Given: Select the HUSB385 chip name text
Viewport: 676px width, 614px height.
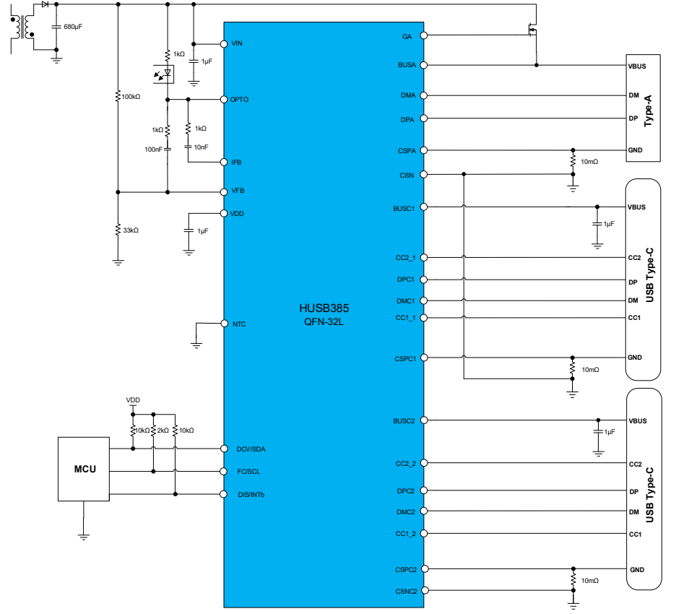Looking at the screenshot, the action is pyautogui.click(x=324, y=308).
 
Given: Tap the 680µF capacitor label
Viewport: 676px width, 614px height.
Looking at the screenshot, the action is pyautogui.click(x=73, y=27).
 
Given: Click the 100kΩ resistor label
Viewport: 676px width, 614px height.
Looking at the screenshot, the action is pyautogui.click(x=131, y=97).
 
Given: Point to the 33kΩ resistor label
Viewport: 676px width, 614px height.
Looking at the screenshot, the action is pyautogui.click(x=131, y=230).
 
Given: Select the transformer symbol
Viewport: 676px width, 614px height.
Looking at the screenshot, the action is pyautogui.click(x=22, y=28).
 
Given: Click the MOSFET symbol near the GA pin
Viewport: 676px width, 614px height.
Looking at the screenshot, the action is pyautogui.click(x=532, y=30).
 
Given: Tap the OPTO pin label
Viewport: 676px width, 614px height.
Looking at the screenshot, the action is pyautogui.click(x=239, y=100).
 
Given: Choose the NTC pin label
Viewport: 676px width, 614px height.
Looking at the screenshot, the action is pyautogui.click(x=239, y=324).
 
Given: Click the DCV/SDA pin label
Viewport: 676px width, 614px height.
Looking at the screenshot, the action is pyautogui.click(x=251, y=449).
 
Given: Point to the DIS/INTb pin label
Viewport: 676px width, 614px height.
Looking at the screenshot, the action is pyautogui.click(x=251, y=495).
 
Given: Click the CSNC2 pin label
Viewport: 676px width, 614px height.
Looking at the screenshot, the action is pyautogui.click(x=406, y=592).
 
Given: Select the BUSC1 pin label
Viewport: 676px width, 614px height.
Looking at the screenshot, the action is pyautogui.click(x=404, y=209).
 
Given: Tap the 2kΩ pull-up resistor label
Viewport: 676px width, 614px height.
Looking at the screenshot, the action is pyautogui.click(x=162, y=431).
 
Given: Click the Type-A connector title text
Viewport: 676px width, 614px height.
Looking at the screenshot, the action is pyautogui.click(x=648, y=111).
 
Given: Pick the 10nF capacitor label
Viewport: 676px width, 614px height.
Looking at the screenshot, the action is pyautogui.click(x=201, y=147).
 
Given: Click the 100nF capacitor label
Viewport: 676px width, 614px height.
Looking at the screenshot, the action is pyautogui.click(x=153, y=150).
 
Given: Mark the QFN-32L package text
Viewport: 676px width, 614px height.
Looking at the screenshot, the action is pyautogui.click(x=324, y=321).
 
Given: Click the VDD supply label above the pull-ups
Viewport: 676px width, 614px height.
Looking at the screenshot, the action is pyautogui.click(x=133, y=400).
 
